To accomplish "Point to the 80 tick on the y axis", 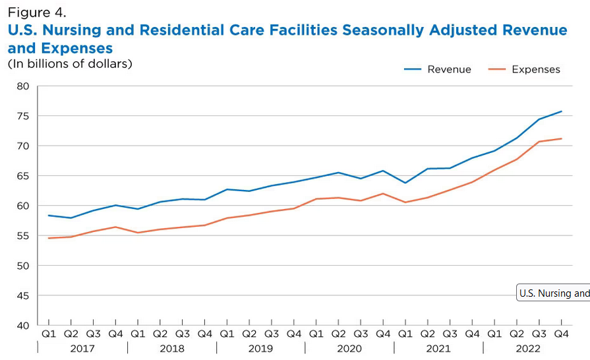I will coord(23,86).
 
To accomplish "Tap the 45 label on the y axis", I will coord(23,295).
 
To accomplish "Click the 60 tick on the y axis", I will coord(23,206).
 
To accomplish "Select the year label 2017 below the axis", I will coord(82,348).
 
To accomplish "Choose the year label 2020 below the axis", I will coord(349,348).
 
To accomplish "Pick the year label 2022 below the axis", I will coord(528,348).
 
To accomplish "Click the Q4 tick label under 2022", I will coord(562,334).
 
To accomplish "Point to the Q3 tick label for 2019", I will coord(272,334).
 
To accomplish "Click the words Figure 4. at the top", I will coord(37,13).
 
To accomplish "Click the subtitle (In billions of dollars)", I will coord(70,64).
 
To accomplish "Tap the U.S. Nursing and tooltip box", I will coord(553,293).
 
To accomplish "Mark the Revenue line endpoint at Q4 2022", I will coord(562,111).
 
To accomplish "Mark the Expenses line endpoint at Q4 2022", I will coord(562,138).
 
